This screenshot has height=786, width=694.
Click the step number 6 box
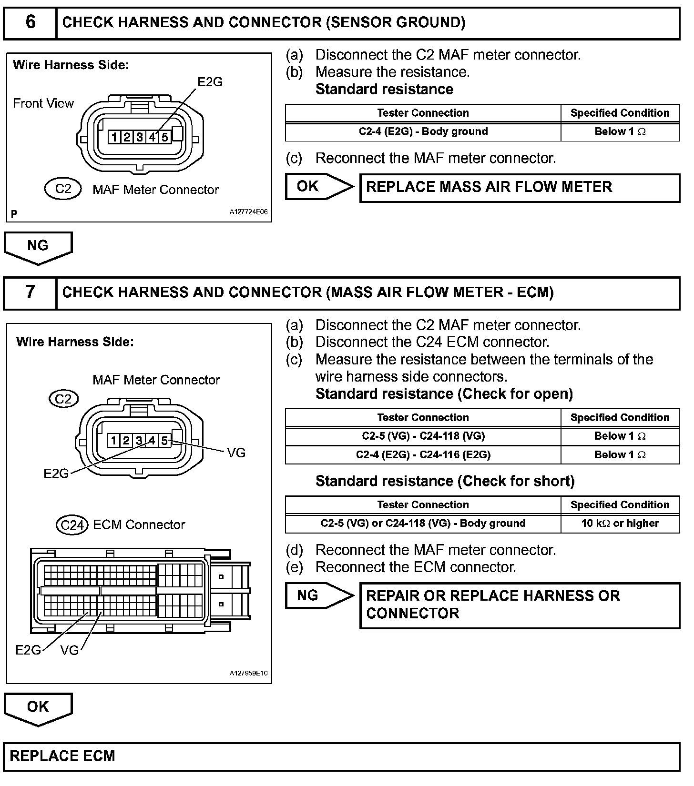(30, 23)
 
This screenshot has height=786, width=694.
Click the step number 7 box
(30, 292)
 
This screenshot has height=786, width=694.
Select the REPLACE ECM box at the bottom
(341, 756)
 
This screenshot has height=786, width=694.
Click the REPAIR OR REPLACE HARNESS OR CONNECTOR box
(519, 605)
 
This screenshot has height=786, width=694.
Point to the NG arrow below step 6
(38, 247)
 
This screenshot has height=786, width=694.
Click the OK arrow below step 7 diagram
(38, 708)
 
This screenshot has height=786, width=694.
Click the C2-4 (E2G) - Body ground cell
(423, 131)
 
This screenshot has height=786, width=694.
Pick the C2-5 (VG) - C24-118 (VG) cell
(423, 436)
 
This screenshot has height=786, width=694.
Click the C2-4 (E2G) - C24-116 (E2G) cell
(423, 454)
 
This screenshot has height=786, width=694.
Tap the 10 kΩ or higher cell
(620, 523)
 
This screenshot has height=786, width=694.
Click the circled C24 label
(72, 525)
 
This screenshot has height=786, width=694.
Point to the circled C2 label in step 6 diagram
(63, 189)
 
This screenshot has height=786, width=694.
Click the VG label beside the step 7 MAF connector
(236, 453)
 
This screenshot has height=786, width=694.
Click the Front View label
(43, 103)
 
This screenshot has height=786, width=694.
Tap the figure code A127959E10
(248, 674)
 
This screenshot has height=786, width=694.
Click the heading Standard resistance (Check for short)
(445, 481)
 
